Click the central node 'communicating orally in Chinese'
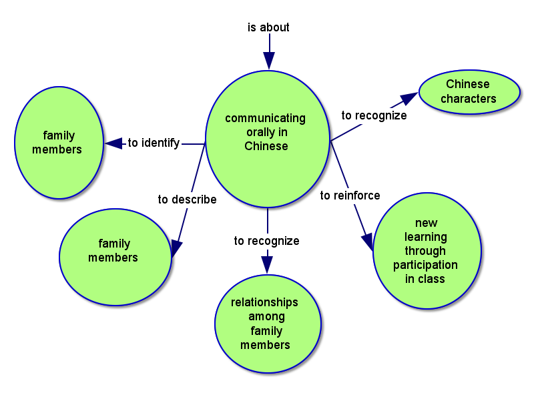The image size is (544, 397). [x=267, y=137]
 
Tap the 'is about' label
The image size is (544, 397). [x=268, y=27]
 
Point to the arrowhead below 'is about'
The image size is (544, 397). [x=268, y=60]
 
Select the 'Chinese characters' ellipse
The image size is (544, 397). [x=469, y=91]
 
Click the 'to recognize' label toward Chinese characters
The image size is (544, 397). [x=374, y=115]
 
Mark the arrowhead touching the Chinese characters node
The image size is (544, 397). [x=409, y=98]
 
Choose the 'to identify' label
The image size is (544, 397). [x=154, y=143]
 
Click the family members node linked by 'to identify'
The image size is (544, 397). [x=58, y=142]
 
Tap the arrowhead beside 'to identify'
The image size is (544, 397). [x=113, y=143]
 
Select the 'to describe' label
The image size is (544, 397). [x=187, y=200]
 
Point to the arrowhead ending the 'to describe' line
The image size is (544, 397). [x=176, y=248]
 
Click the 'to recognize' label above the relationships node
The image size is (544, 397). [x=266, y=241]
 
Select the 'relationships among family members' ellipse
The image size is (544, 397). [x=267, y=324]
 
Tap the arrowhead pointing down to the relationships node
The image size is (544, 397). [x=267, y=264]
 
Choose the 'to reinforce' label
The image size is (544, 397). [x=350, y=195]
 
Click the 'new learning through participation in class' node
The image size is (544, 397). [x=427, y=252]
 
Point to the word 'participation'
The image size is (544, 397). [x=425, y=265]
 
